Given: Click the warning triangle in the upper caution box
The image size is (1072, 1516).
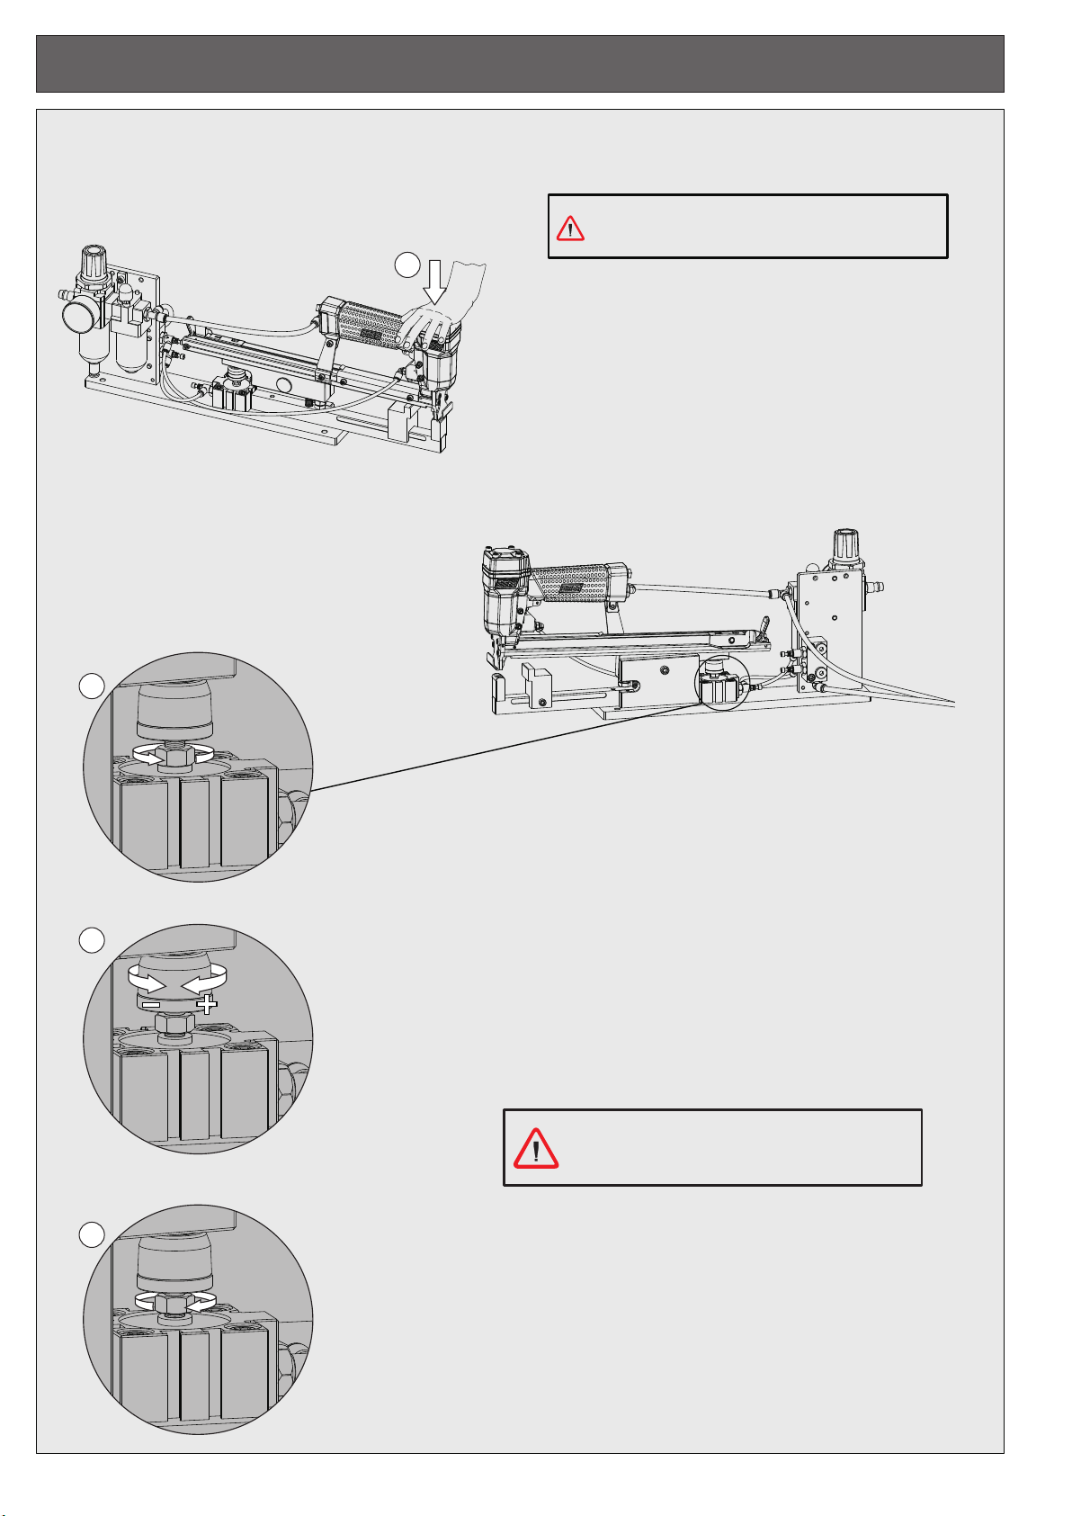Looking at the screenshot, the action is click(x=570, y=229).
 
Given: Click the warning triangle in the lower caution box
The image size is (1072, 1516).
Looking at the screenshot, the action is click(x=535, y=1148).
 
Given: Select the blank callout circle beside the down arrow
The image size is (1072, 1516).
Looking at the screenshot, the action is click(x=407, y=264).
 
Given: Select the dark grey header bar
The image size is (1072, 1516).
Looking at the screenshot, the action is click(x=520, y=64).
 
